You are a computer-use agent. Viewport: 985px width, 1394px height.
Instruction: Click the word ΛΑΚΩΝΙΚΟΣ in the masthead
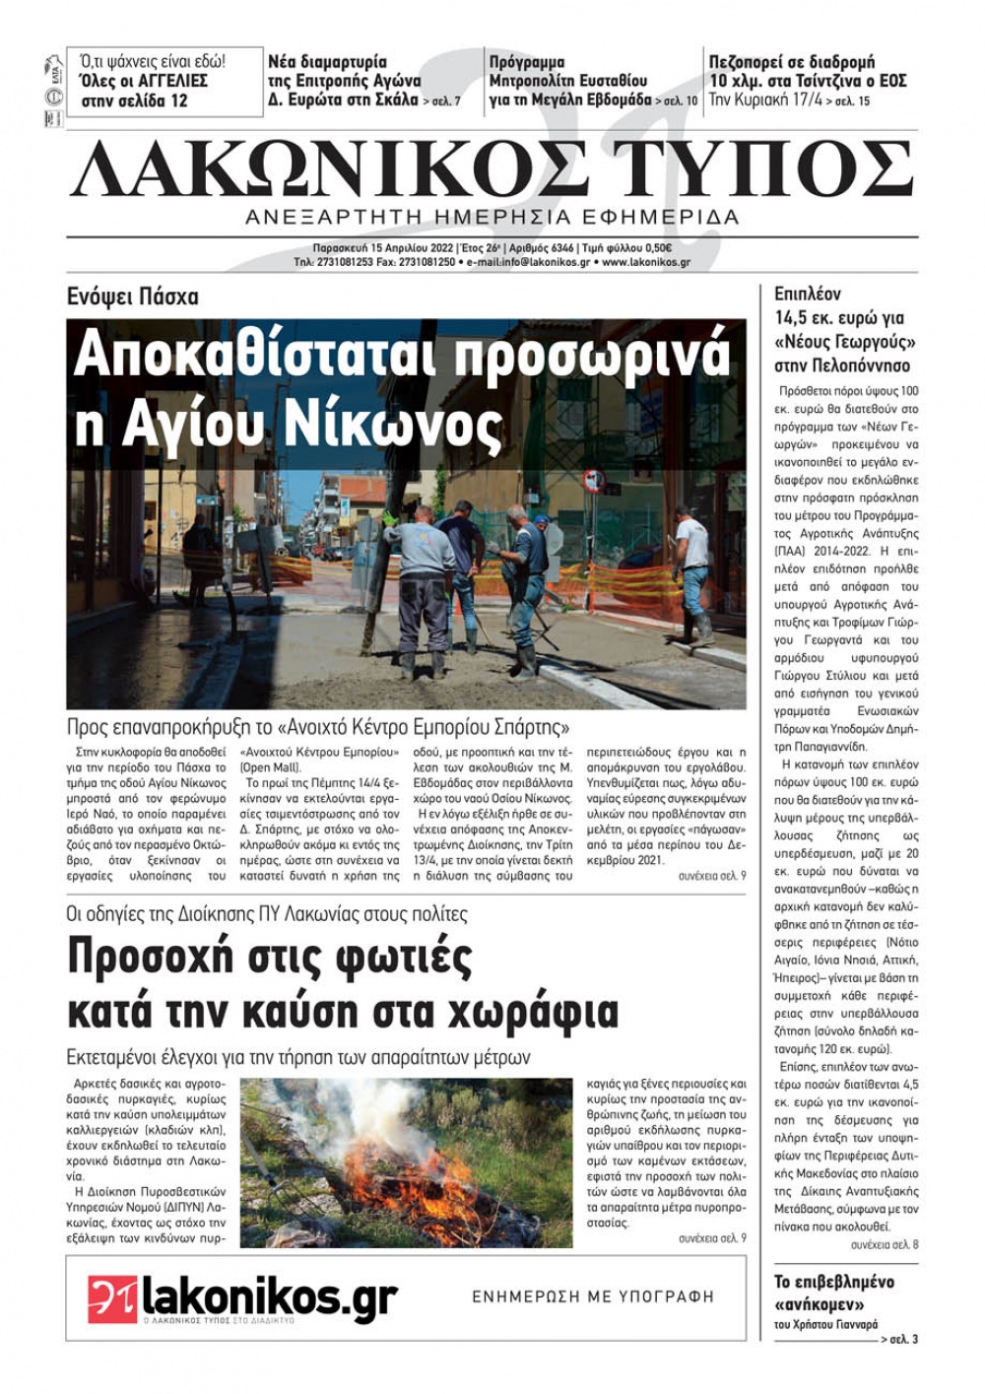click(x=325, y=170)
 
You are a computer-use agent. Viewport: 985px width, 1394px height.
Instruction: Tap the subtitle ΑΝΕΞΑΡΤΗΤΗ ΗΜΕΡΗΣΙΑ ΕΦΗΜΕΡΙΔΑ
click(x=492, y=218)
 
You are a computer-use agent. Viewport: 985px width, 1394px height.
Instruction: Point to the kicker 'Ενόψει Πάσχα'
click(x=132, y=296)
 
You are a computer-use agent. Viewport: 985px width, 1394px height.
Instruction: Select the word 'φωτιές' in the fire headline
click(x=385, y=956)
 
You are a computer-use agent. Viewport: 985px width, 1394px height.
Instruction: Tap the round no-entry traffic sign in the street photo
click(x=593, y=481)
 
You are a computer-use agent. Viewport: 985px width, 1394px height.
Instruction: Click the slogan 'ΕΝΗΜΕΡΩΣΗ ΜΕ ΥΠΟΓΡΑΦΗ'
click(x=593, y=1297)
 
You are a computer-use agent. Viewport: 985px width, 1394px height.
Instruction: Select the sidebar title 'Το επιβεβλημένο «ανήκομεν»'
click(x=833, y=1292)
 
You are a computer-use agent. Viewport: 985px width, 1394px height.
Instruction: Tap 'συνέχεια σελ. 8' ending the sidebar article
click(x=885, y=1245)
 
